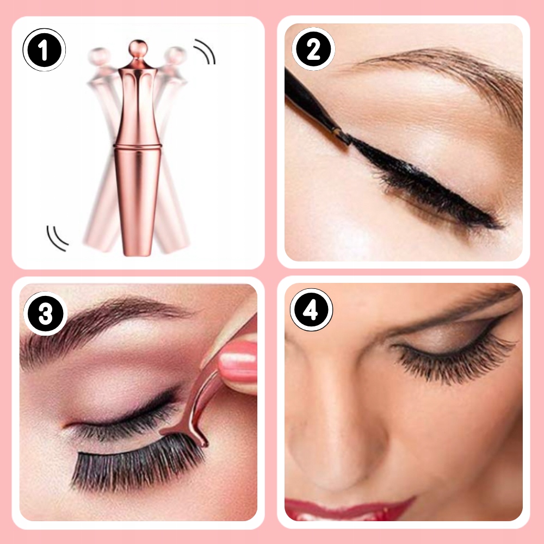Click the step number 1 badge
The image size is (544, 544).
44,50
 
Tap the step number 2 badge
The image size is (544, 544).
313,49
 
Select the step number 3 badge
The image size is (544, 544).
46,314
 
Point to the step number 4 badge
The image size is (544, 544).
311,310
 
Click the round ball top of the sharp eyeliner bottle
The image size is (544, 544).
138,47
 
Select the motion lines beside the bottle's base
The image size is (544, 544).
57,238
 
